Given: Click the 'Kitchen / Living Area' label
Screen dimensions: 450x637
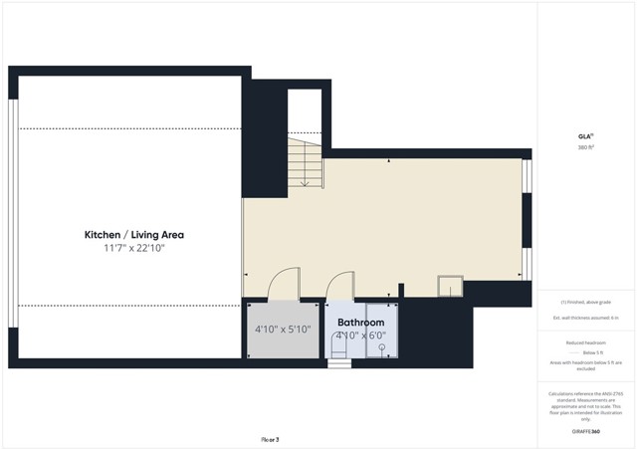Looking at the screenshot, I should coord(133,235).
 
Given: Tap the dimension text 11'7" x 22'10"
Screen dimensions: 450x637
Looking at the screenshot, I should coord(133,248).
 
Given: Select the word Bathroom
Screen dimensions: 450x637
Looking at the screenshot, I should coord(360,323).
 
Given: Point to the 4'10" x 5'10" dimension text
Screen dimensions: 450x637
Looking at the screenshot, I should coord(283,330).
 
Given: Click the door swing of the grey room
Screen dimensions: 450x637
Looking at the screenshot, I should coord(284,283).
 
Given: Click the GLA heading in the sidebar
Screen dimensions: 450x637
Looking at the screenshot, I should coord(585,136).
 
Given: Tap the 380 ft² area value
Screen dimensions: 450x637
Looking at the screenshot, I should coord(585,147).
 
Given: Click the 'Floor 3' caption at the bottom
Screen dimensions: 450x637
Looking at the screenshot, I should coord(270,439).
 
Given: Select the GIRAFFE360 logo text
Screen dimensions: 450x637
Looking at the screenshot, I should coord(585,431).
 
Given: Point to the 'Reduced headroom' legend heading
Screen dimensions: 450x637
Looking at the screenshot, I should coord(585,341).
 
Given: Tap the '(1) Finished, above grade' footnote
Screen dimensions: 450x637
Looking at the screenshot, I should coord(585,302).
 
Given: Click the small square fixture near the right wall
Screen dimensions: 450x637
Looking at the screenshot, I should coord(450,287).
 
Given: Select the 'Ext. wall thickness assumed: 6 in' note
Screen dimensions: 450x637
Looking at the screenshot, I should coord(585,318).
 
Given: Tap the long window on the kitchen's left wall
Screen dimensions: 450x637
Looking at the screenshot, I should coord(12,213).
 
